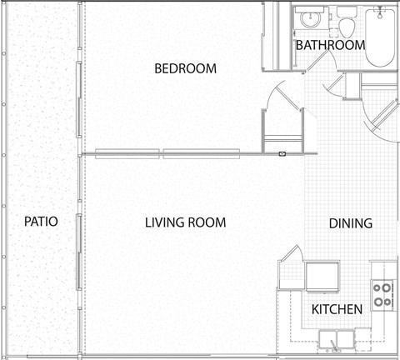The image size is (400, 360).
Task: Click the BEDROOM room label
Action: (185, 68)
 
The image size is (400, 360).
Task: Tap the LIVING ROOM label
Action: (186, 222)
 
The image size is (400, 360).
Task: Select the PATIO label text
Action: (41, 222)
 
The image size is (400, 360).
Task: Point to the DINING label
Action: (351, 223)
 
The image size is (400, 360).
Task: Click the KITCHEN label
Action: (337, 309)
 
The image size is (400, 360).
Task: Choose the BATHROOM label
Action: (330, 45)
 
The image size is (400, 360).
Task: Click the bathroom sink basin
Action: (311, 19)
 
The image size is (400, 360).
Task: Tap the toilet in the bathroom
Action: (347, 22)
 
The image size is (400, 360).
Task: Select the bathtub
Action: (380, 37)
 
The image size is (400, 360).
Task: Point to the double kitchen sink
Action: (337, 339)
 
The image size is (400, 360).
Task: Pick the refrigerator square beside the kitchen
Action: (322, 276)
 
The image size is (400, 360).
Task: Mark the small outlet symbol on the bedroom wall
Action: (282, 153)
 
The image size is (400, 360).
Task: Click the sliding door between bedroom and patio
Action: (79, 99)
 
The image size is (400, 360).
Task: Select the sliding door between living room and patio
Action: (79, 252)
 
